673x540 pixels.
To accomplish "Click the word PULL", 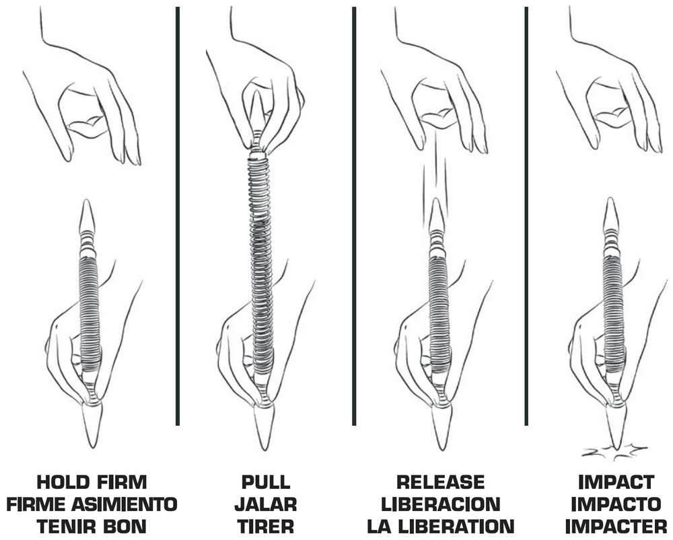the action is click(x=266, y=482).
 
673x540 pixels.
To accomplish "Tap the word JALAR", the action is click(x=266, y=504).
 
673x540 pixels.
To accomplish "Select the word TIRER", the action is click(x=266, y=526).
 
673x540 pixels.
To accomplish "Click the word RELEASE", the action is click(x=440, y=482).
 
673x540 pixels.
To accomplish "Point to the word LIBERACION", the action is click(x=440, y=504).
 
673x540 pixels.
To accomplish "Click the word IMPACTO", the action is click(x=616, y=504).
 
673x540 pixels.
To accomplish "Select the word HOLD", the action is click(x=62, y=482).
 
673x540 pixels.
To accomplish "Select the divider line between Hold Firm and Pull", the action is click(x=178, y=216).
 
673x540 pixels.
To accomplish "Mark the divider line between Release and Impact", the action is click(x=527, y=216).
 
